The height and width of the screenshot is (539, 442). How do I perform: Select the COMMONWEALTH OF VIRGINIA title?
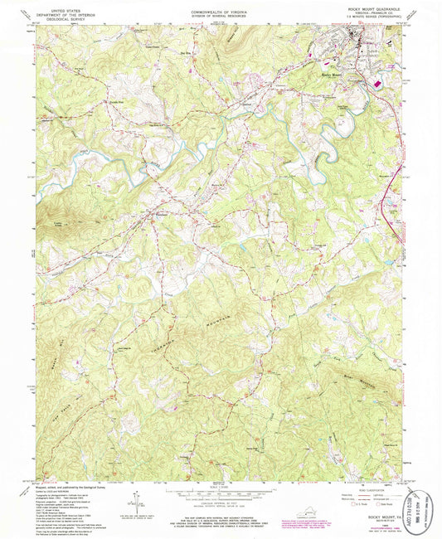coord(219,10)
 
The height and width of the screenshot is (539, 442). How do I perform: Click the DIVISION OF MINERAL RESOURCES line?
coord(219,14)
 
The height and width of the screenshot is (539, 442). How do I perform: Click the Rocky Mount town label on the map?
coord(331,75)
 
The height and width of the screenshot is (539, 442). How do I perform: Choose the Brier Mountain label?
coord(333,362)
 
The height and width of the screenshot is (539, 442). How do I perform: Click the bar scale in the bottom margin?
coord(219,495)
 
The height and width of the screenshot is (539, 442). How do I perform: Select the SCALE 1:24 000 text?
coord(219,486)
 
